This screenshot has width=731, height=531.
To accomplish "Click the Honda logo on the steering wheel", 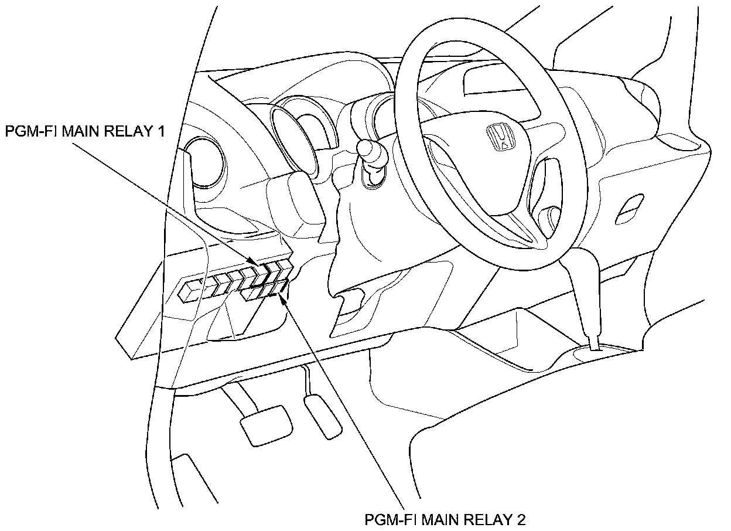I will point(501,138).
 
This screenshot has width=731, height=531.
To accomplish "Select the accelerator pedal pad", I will point(322,415).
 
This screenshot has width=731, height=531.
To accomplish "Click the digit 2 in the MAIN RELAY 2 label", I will point(521,519).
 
